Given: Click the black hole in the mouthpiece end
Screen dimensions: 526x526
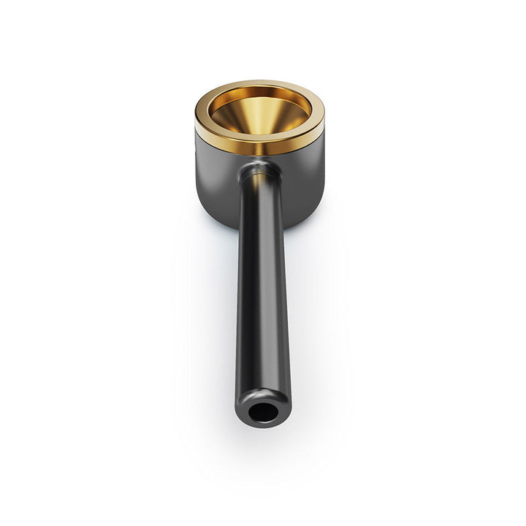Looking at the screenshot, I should (262, 413).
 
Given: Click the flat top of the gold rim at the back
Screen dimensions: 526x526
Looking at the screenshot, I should (260, 85).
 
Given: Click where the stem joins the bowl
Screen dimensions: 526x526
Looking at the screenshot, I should (259, 172).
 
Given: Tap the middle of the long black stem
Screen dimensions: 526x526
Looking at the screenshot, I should (262, 292).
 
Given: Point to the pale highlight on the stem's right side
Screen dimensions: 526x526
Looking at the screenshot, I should (279, 292).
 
